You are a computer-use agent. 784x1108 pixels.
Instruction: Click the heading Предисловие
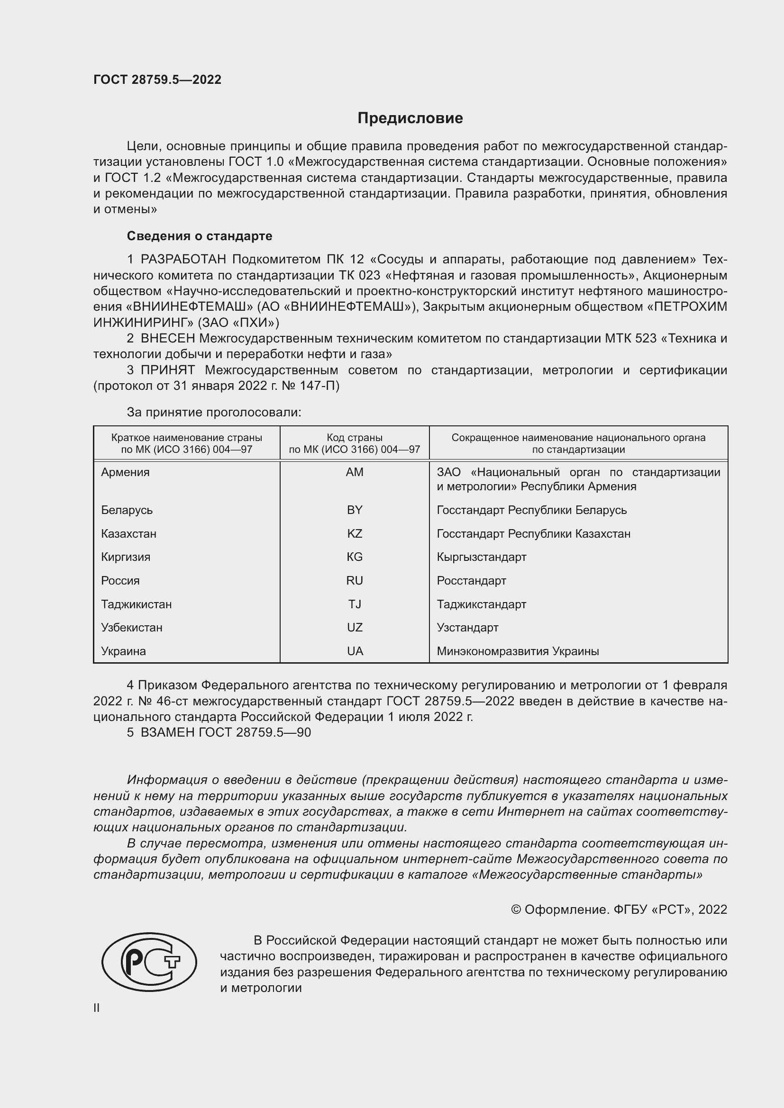click(x=410, y=118)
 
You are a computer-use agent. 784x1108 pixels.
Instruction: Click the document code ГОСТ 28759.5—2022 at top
click(x=157, y=80)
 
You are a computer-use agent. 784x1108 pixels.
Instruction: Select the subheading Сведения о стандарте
click(x=200, y=236)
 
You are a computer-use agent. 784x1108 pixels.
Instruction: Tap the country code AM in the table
click(x=355, y=472)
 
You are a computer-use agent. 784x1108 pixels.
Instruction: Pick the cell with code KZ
click(x=355, y=533)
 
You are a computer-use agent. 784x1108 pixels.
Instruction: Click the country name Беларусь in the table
click(x=127, y=510)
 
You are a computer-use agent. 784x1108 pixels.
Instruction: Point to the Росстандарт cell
click(x=471, y=580)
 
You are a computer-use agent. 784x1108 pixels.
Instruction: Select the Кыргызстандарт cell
click(x=481, y=557)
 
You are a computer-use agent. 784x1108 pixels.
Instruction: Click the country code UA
click(x=355, y=651)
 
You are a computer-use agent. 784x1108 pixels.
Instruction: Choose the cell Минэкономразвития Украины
click(x=518, y=651)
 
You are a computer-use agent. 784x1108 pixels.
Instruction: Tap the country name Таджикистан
click(x=136, y=604)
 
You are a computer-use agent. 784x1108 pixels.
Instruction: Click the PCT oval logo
click(x=149, y=962)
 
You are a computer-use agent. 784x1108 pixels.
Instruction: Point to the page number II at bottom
click(x=97, y=1008)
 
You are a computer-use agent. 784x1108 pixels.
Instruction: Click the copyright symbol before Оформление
click(x=516, y=910)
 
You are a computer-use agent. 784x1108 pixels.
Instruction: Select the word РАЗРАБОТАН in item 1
click(x=183, y=260)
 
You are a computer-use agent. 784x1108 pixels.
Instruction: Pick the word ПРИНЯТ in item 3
click(x=167, y=370)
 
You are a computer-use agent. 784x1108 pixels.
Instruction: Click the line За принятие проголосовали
click(x=214, y=412)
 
